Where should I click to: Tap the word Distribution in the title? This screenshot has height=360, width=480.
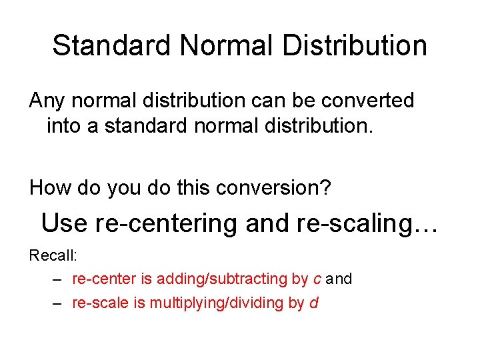point(355,46)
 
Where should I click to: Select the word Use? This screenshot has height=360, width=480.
point(64,223)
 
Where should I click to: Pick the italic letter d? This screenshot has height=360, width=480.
point(314,303)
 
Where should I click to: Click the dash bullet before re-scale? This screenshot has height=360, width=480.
point(58,303)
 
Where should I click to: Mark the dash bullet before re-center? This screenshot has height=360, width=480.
point(58,279)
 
